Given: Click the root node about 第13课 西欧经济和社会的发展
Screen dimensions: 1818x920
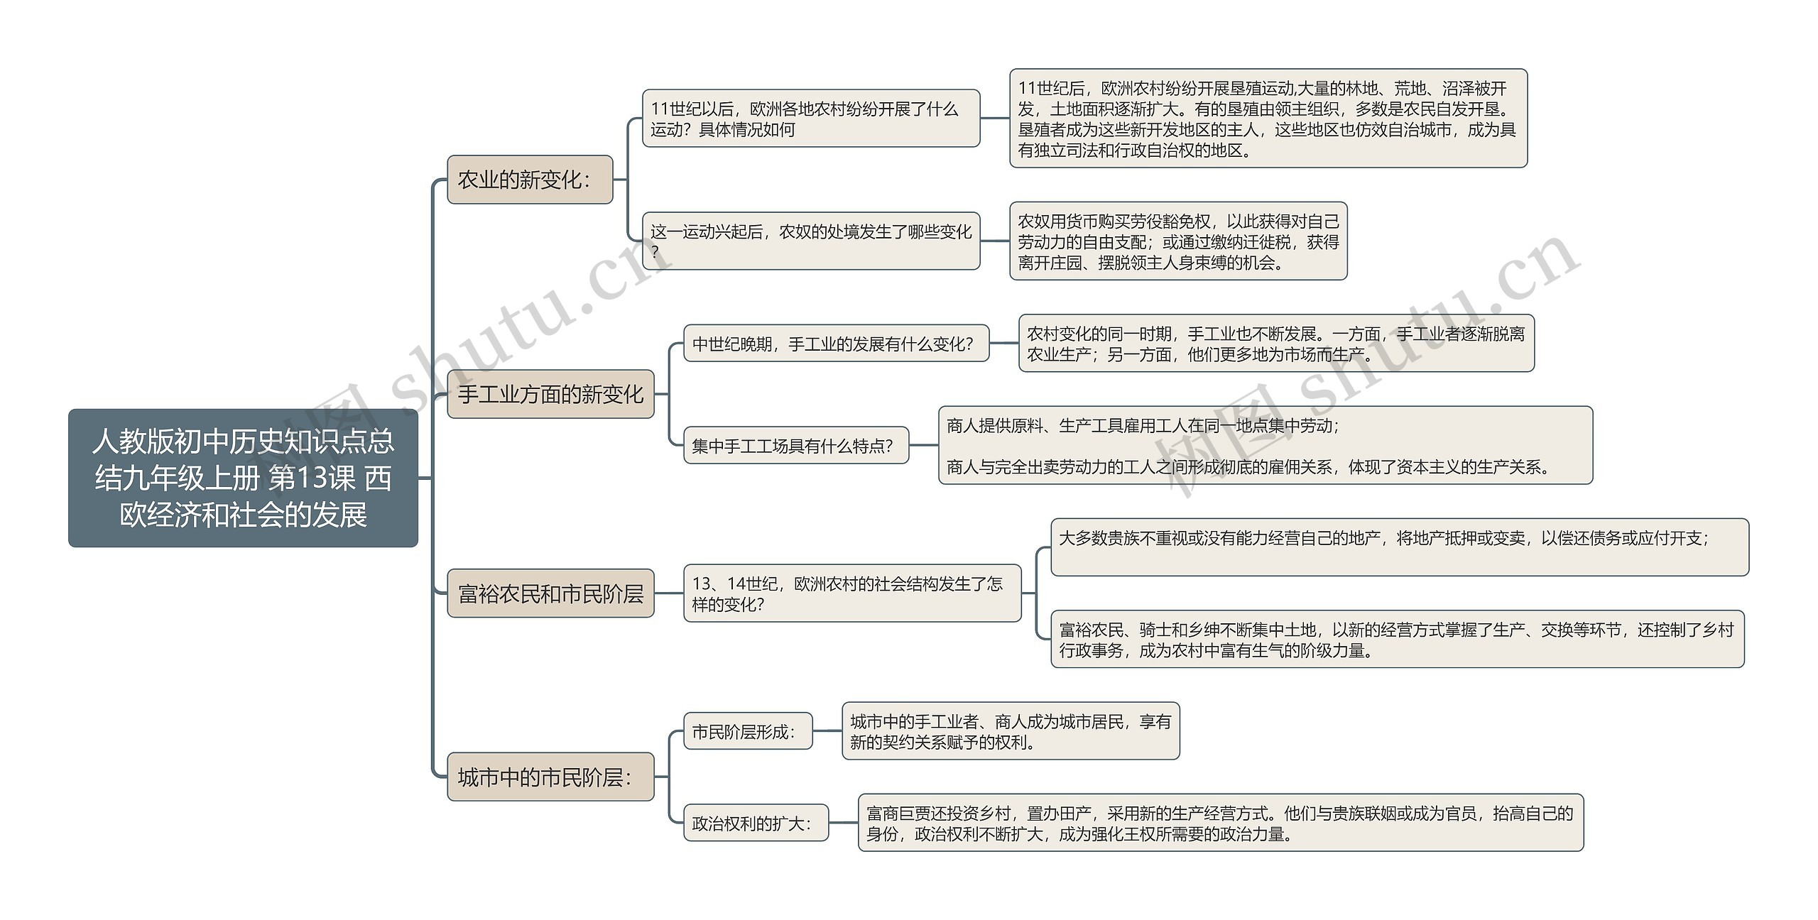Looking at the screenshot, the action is pyautogui.click(x=243, y=478).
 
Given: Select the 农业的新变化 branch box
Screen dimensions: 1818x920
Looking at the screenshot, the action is pyautogui.click(x=530, y=180).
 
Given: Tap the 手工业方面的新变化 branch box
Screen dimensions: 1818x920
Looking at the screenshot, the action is pyautogui.click(x=550, y=394).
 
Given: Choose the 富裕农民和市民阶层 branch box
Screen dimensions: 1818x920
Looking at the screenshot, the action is pyautogui.click(x=550, y=593).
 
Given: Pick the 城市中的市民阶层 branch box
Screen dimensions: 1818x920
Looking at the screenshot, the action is pyautogui.click(x=550, y=777).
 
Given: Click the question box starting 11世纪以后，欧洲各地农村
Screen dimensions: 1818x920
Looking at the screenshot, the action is pyautogui.click(x=811, y=119).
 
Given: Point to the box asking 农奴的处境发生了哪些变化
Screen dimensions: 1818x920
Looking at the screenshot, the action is pyautogui.click(x=811, y=241).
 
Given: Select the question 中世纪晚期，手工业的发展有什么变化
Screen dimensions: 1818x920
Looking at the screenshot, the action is pyautogui.click(x=836, y=344).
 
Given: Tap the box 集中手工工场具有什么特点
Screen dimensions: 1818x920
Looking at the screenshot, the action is pyautogui.click(x=796, y=446).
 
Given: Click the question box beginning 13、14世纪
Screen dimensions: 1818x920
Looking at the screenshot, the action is pyautogui.click(x=852, y=593).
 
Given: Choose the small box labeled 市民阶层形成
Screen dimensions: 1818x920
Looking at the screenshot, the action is pyautogui.click(x=748, y=731).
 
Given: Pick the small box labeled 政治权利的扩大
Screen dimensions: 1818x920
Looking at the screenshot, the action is pyautogui.click(x=756, y=823).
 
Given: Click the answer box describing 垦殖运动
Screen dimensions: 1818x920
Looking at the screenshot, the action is pyautogui.click(x=1268, y=119).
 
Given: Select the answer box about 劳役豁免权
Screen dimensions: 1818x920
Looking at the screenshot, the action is pyautogui.click(x=1178, y=241).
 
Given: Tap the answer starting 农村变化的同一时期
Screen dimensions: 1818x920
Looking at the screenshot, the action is pyautogui.click(x=1276, y=344).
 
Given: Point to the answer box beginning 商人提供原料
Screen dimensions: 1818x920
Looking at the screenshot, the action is pyautogui.click(x=1265, y=446).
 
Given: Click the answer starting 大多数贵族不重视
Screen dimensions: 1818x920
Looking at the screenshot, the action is pyautogui.click(x=1399, y=547).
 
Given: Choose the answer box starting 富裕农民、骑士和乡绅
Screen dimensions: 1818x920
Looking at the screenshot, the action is pyautogui.click(x=1397, y=639).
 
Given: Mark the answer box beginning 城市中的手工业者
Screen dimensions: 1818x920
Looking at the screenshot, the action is pyautogui.click(x=1011, y=731).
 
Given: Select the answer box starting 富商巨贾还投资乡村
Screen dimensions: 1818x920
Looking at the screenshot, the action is pyautogui.click(x=1221, y=823).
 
